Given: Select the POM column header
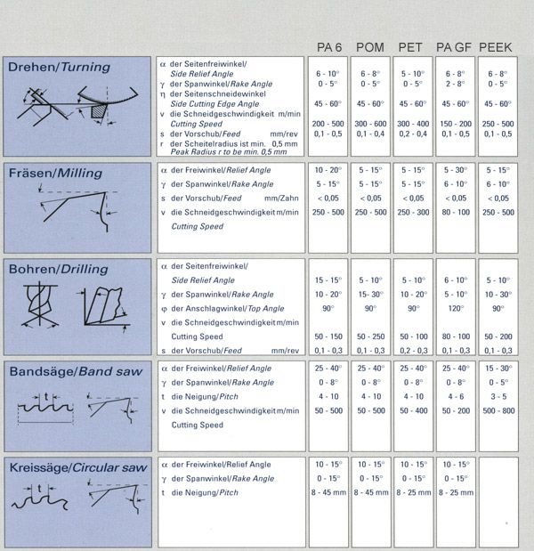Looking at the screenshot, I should click(x=370, y=47).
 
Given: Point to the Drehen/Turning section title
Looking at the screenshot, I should click(x=59, y=67).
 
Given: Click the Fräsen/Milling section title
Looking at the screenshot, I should click(x=54, y=173).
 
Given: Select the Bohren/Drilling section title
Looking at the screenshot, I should click(x=58, y=269).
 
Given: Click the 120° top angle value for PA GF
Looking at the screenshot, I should click(x=454, y=309).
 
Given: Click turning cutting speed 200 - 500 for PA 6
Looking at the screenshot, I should click(x=329, y=123).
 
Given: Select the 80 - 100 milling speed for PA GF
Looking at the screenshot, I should click(x=454, y=212).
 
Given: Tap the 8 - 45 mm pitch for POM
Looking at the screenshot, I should click(x=371, y=492).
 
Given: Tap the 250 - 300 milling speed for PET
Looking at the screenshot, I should click(x=412, y=212).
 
